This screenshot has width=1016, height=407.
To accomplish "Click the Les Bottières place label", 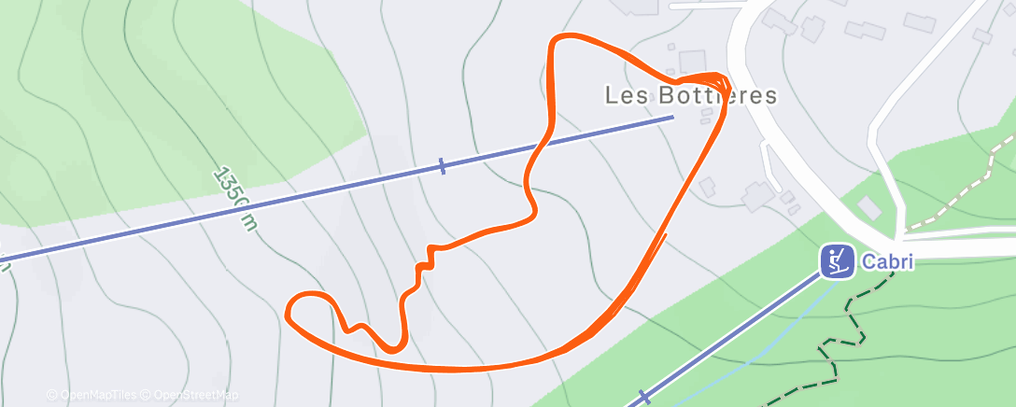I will click(x=691, y=95).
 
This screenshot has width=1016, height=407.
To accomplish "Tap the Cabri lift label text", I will click(x=885, y=262).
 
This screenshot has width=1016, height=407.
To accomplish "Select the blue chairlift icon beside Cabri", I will click(x=838, y=261).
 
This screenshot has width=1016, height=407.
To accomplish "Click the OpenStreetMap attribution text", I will click(x=195, y=395).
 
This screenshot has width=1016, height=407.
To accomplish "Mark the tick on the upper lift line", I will click(x=442, y=166).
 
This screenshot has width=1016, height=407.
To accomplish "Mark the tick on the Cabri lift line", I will click(x=642, y=396).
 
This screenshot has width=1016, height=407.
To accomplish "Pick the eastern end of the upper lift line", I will click(x=672, y=117).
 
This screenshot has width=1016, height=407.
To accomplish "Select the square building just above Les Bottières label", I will click(x=692, y=63).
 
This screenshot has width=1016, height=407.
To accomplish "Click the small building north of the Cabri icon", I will click(x=868, y=207).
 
